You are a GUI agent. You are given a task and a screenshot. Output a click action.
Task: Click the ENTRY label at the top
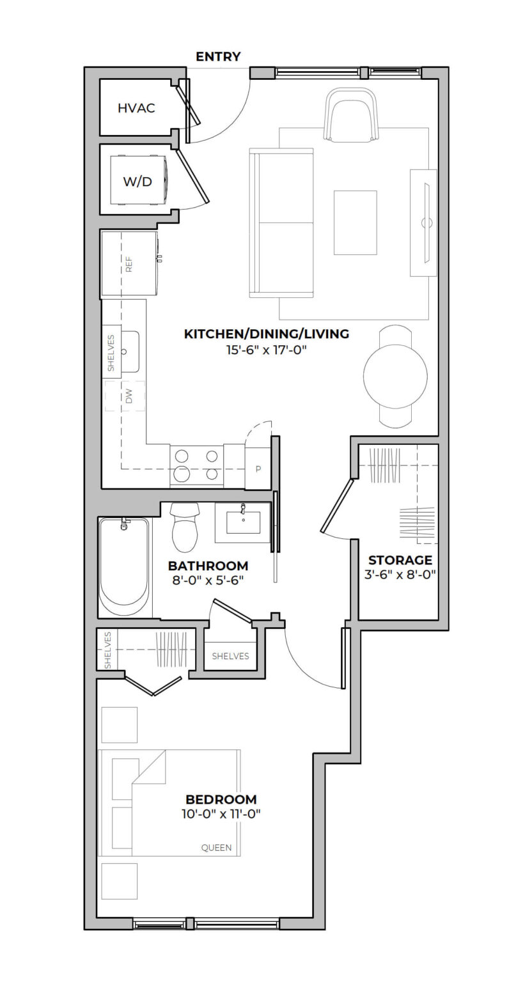[x=218, y=56]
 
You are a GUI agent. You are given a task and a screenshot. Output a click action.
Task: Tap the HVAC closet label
[x=136, y=108]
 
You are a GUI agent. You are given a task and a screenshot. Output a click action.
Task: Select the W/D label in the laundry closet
[x=137, y=182]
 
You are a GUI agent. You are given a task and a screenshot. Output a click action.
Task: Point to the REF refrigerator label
[x=129, y=264]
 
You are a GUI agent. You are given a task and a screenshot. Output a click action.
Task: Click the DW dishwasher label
[x=129, y=396]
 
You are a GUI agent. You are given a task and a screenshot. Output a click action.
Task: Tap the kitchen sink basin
[x=130, y=352]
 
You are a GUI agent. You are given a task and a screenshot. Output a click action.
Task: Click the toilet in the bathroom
[x=185, y=527]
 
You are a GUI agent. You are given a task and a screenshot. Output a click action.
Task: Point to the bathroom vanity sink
[x=243, y=522]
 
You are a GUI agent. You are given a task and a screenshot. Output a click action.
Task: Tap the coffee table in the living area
[x=356, y=222]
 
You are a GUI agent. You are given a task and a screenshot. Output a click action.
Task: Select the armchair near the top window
[x=351, y=115]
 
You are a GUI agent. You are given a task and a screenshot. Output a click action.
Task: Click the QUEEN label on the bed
[x=217, y=848]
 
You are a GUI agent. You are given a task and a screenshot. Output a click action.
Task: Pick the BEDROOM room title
[x=221, y=799]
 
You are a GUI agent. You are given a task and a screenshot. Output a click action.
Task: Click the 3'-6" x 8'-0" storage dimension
[x=400, y=574]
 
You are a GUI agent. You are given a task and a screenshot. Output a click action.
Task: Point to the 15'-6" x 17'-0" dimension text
[x=266, y=350]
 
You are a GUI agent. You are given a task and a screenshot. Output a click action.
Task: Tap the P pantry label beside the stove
[x=258, y=469]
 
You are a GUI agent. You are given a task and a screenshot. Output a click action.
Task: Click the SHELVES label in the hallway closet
[x=230, y=657]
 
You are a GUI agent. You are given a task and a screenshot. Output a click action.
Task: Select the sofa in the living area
[x=281, y=223]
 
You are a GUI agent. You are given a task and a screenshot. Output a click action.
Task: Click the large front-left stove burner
[x=182, y=474]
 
